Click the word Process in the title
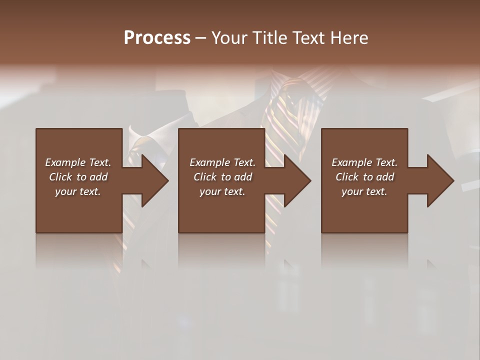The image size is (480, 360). click(x=157, y=38)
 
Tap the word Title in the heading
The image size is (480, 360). click(x=268, y=38)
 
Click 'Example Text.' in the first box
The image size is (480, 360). click(x=78, y=162)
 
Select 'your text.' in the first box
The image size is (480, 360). click(x=78, y=191)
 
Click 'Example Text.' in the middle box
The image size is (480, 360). click(x=222, y=162)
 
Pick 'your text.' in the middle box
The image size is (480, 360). click(x=222, y=191)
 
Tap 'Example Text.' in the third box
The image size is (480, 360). click(x=364, y=162)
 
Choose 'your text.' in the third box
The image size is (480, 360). click(x=364, y=191)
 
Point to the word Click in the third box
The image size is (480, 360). click(x=347, y=177)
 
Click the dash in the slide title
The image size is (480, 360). click(x=200, y=38)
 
